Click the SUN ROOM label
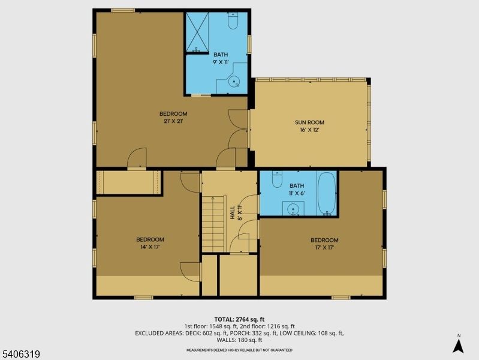tap(309, 122)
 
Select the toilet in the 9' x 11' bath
tap(234, 22)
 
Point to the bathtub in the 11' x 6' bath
tap(327, 193)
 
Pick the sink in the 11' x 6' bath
tap(293, 209)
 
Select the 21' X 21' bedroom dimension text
tap(173, 121)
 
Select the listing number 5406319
tap(21, 354)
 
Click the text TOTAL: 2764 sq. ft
tap(239, 319)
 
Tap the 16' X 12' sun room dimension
tap(309, 130)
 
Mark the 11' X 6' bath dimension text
tap(297, 193)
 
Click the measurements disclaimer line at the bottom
tap(239, 350)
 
